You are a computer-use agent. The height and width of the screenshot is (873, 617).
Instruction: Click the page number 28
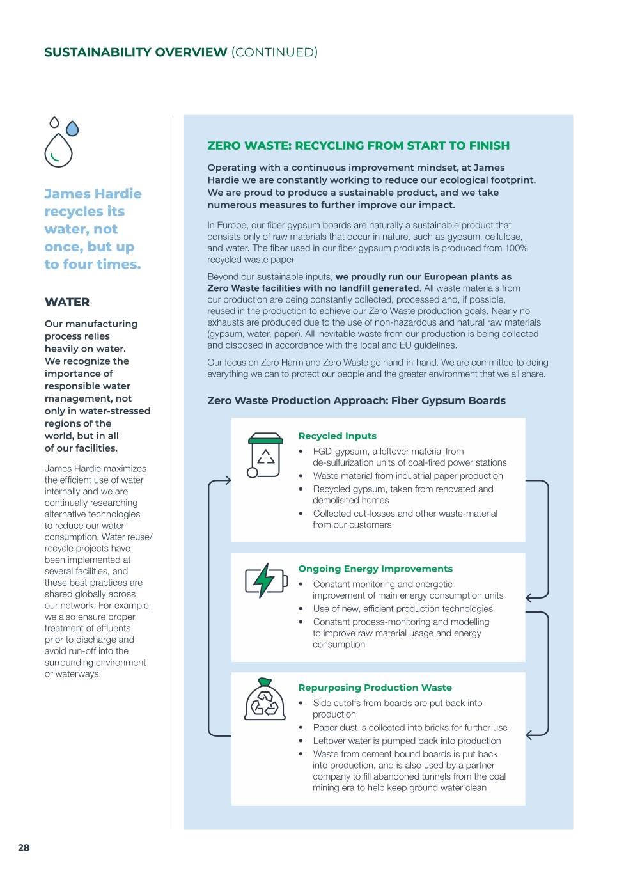tap(24, 847)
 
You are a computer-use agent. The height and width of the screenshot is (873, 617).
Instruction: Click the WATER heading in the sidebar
tap(67, 302)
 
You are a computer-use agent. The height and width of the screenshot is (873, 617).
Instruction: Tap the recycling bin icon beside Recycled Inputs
tap(265, 455)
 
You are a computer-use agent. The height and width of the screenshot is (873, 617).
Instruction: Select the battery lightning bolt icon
tap(265, 580)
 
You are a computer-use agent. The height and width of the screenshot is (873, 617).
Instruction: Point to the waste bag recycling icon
tap(265, 700)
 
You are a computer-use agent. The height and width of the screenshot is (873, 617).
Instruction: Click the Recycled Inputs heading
tap(337, 436)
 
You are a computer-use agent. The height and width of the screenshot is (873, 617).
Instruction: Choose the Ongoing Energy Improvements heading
tap(375, 569)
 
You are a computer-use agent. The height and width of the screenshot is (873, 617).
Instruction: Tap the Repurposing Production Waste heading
tap(375, 688)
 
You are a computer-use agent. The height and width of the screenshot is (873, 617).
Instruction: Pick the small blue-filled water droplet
tap(72, 129)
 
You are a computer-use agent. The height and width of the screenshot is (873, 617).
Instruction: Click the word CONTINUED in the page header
tap(274, 52)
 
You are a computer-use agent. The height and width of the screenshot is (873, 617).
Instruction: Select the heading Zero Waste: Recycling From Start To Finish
tap(358, 146)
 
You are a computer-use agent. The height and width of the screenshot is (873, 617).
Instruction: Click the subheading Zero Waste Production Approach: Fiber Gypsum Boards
tap(356, 401)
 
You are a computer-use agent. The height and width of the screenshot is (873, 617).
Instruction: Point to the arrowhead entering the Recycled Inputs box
tap(228, 480)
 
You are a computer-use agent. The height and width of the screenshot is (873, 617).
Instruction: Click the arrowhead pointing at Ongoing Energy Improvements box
tap(529, 597)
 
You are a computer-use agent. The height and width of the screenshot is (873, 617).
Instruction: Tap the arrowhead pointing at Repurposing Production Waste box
tap(529, 735)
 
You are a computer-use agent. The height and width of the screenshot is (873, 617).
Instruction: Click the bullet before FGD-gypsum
tap(301, 452)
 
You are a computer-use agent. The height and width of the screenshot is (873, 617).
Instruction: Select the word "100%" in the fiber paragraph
tap(516, 248)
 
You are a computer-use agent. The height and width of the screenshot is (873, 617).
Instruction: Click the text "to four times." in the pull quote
tap(93, 264)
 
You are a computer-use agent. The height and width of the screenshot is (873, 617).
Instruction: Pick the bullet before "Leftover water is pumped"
tap(301, 741)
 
